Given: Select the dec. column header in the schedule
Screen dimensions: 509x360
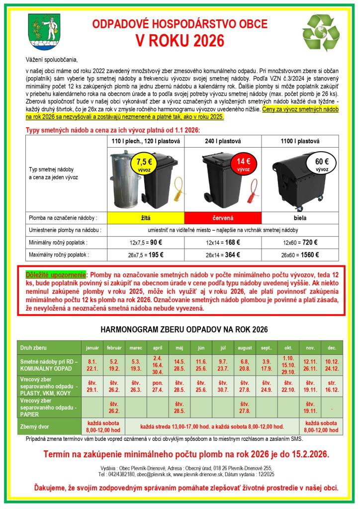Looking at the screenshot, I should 332,346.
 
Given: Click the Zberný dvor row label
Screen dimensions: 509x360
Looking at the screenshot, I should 34,426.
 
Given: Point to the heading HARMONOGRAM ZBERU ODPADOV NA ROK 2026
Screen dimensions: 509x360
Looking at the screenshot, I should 184,329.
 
